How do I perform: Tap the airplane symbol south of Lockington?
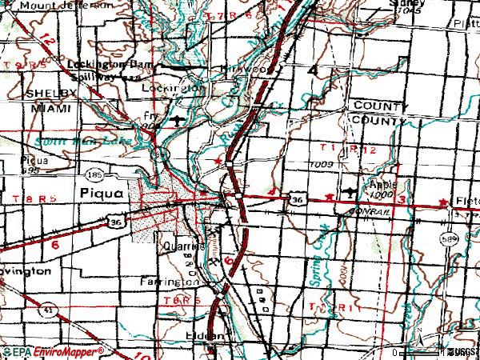177,121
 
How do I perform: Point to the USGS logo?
464,351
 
